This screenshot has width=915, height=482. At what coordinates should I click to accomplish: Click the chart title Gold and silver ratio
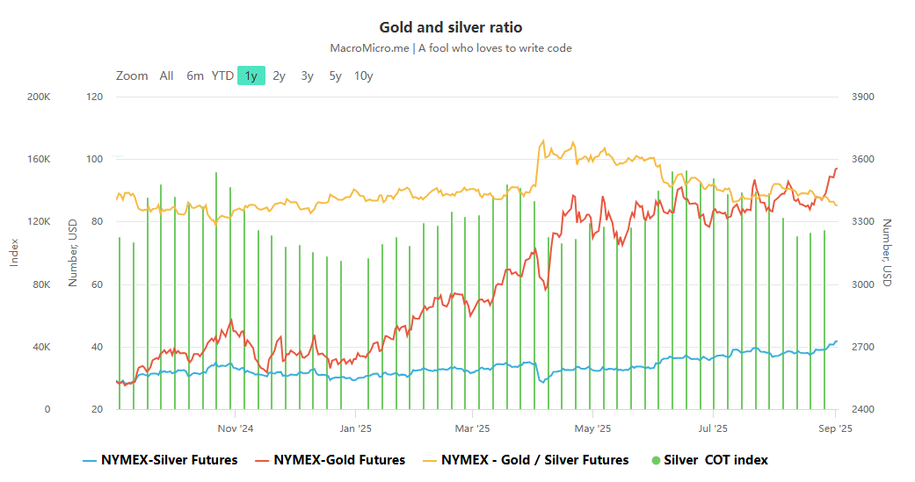pos(450,28)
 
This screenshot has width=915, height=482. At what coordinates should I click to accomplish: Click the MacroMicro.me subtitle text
pos(450,48)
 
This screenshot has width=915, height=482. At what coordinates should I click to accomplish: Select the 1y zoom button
pos(251,76)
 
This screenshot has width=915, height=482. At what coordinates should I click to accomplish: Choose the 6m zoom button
pos(195,76)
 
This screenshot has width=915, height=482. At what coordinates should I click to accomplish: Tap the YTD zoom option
pos(222,76)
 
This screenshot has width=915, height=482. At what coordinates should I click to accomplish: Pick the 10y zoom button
pos(363,76)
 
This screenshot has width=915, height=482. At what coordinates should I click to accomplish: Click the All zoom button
pos(166,76)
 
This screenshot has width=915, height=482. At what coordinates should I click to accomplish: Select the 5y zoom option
pos(335,76)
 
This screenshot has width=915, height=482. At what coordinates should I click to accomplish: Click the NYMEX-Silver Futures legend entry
pos(160,460)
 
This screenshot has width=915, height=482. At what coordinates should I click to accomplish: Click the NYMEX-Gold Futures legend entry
pos(330,460)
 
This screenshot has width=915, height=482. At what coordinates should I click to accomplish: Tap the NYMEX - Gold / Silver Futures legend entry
pos(526,460)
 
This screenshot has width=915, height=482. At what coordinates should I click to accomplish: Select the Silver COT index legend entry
pos(709,460)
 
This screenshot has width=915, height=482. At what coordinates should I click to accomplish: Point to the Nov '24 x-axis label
pos(235,429)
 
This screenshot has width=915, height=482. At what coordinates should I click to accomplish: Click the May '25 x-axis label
pos(592,429)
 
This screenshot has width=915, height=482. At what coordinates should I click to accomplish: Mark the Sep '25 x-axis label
pos(834,429)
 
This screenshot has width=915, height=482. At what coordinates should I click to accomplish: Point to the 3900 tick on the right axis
pos(863,97)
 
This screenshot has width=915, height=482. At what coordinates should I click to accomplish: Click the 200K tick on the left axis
pos(39,97)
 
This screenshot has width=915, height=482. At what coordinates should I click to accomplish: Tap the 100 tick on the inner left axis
pos(94,159)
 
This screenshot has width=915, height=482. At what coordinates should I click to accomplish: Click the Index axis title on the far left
pos(14,253)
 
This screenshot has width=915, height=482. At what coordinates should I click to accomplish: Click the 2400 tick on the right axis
pos(863,409)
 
